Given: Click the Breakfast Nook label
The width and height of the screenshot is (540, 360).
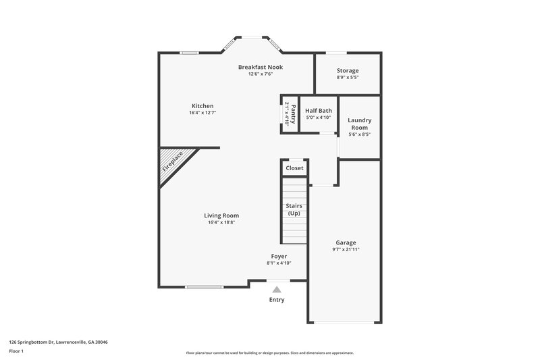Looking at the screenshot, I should click(x=260, y=67).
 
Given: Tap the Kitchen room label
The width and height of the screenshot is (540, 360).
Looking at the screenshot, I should click(x=202, y=106).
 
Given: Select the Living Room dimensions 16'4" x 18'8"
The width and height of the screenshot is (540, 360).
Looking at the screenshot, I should click(x=221, y=222).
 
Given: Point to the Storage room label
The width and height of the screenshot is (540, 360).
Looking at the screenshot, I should click(x=348, y=70).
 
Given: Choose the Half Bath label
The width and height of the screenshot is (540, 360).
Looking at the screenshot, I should click(x=319, y=110).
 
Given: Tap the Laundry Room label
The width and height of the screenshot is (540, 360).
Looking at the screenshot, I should click(x=359, y=124).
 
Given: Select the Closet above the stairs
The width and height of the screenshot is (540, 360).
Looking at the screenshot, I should click(x=294, y=168).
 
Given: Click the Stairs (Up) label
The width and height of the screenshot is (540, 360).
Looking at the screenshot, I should click(x=294, y=209).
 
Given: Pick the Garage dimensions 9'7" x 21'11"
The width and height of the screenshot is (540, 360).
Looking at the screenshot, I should click(x=346, y=249).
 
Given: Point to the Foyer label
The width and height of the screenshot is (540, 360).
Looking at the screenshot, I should click(x=279, y=256).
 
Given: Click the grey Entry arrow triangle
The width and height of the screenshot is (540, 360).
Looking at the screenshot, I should click(x=277, y=289).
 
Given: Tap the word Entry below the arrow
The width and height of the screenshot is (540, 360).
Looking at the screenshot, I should click(x=277, y=300).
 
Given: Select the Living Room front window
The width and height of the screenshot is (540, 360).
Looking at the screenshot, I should click(x=205, y=287).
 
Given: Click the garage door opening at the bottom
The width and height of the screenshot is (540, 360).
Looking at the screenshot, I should click(x=345, y=322).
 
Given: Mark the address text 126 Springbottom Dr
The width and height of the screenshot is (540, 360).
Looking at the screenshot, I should click(x=58, y=342).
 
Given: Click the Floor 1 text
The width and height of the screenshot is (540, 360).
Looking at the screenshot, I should click(x=17, y=351).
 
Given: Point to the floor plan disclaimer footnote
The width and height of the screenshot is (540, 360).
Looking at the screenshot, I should click(x=269, y=353).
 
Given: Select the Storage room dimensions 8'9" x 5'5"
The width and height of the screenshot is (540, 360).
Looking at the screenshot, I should click(x=348, y=77).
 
